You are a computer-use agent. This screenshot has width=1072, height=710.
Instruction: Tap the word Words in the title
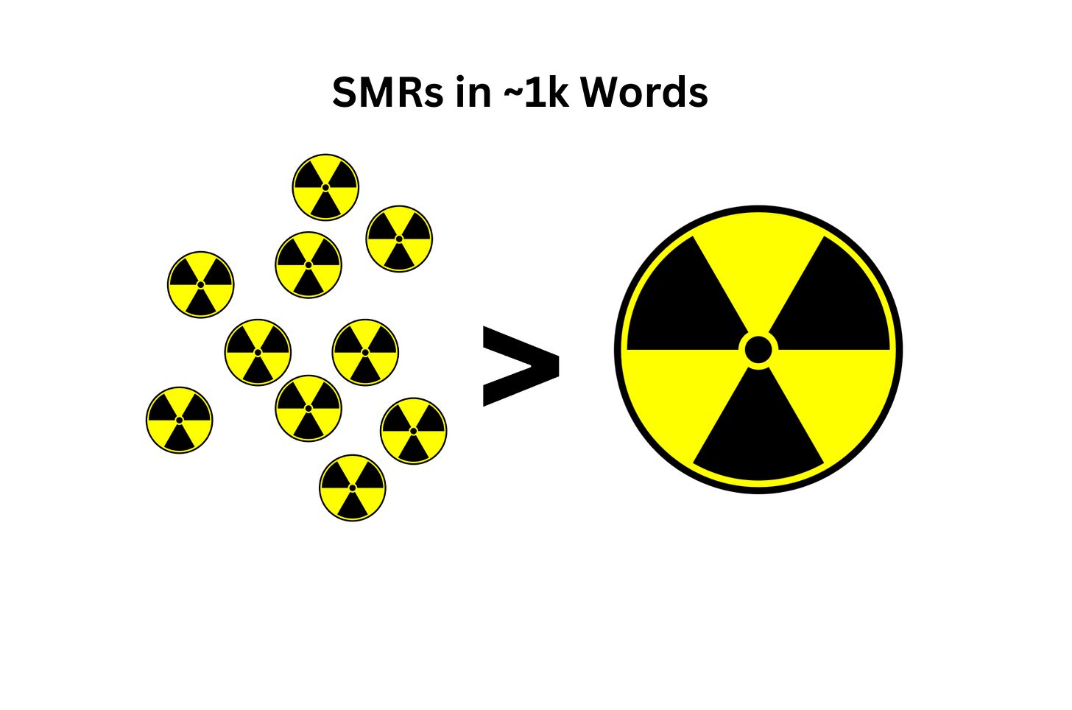tap(644, 93)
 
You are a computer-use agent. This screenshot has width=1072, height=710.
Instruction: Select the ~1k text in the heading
tap(537, 93)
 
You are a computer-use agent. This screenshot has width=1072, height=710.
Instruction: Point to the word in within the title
tap(473, 93)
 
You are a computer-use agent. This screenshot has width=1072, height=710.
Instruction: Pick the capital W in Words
tap(600, 93)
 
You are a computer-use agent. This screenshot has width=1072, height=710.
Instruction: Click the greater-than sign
tap(520, 365)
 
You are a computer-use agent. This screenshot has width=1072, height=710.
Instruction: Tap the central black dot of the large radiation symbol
tap(758, 350)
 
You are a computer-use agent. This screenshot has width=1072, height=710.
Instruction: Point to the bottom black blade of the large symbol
tap(758, 435)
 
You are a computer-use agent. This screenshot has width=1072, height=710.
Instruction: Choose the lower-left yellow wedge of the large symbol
tap(681, 398)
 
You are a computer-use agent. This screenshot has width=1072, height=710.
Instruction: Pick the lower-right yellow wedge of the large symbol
tap(836, 398)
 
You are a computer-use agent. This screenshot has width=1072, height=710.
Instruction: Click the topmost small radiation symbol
tap(325, 187)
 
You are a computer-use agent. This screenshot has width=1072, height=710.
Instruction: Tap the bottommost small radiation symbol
tap(353, 488)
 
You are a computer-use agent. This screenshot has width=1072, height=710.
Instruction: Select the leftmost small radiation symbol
tap(179, 420)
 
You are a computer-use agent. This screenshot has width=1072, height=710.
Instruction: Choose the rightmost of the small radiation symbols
tap(414, 431)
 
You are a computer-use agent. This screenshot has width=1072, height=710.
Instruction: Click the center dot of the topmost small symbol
tap(325, 187)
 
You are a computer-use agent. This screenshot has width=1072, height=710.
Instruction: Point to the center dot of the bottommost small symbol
tap(353, 488)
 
